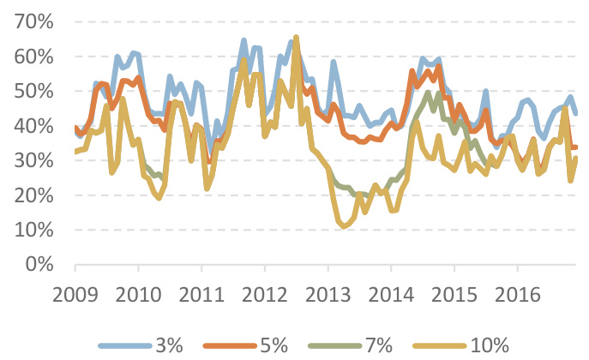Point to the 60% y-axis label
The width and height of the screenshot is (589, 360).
click(34, 57)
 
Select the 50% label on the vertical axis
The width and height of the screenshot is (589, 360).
click(34, 91)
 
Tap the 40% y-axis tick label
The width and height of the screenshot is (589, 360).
click(34, 126)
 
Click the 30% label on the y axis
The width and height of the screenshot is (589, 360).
click(34, 160)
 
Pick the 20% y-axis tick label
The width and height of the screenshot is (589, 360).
click(34, 195)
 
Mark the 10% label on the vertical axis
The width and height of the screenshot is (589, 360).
click(34, 230)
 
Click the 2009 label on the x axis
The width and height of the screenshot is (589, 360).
click(76, 296)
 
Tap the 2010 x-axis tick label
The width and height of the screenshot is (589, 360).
click(139, 296)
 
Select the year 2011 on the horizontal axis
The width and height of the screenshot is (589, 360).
click(202, 296)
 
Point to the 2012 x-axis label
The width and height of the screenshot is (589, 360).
click(265, 296)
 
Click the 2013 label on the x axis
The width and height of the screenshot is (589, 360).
click(328, 296)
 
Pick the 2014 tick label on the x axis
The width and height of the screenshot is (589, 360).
click(391, 296)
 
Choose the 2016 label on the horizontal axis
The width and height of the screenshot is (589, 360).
click(517, 296)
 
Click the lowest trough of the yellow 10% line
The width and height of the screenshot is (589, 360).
click(345, 226)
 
